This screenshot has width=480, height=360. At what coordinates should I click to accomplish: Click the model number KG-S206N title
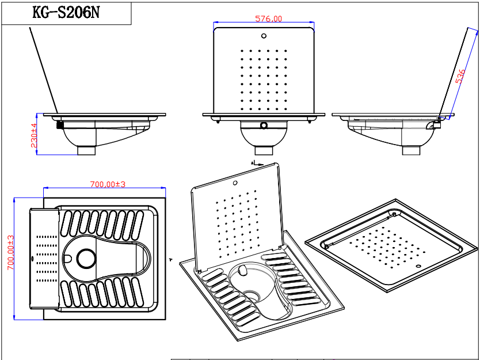pos(66,13)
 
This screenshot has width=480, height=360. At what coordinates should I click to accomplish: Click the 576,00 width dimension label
pos(268,18)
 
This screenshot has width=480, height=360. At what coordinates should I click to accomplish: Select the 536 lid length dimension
pos(460,77)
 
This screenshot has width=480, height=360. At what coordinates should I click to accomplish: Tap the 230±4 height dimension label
pos(34,135)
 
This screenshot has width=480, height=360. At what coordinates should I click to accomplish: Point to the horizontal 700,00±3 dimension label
pos(108,184)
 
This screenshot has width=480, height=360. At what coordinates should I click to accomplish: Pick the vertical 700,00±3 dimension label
pos(11,252)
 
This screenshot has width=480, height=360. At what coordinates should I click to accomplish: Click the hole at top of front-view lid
pos(264,36)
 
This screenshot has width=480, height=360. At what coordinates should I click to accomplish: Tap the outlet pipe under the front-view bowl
pos(264,150)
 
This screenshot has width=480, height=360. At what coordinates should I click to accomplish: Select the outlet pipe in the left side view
pos(86,150)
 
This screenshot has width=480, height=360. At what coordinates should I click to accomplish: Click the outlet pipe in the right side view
pos(411,150)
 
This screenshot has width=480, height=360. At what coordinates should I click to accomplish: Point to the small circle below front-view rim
pos(264,126)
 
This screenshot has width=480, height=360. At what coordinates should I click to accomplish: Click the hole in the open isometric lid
pos(235,183)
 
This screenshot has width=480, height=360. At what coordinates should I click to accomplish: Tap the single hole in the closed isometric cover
pos(418,266)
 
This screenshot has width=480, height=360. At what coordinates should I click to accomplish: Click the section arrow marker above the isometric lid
pos(257,164)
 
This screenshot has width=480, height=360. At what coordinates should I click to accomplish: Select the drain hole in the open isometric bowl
pos(252,295)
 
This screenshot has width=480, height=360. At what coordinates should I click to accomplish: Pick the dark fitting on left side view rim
pos(60,124)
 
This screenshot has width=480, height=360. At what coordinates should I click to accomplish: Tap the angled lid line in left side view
pos(44,71)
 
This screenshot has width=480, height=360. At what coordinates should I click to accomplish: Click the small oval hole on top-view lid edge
pos(33,259)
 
